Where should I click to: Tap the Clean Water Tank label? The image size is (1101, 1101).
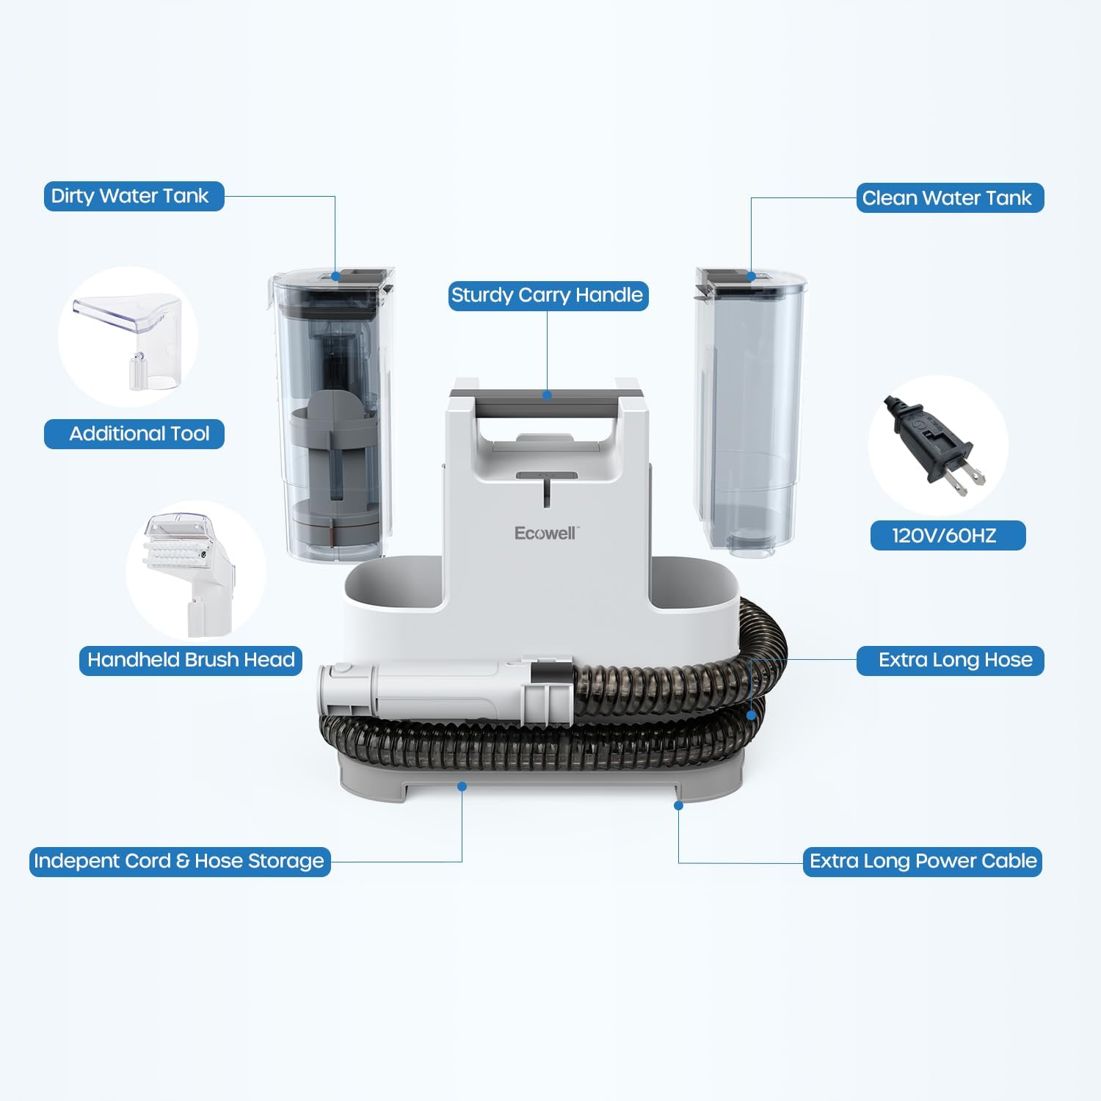[949, 198]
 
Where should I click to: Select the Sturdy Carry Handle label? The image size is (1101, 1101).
[548, 296]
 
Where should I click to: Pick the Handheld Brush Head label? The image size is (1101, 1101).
[191, 660]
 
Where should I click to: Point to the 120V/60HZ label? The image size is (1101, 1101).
[947, 535]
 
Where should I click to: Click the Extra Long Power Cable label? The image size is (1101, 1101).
[922, 861]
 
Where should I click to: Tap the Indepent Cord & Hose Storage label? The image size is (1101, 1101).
[180, 861]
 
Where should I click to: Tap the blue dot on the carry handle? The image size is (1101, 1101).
[547, 395]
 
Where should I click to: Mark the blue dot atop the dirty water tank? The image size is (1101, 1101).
[335, 277]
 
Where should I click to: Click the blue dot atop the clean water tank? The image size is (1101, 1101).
[751, 277]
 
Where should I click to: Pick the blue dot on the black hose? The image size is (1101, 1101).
[751, 714]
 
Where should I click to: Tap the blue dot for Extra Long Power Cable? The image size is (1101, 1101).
[678, 805]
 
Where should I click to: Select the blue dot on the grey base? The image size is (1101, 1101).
[462, 786]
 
